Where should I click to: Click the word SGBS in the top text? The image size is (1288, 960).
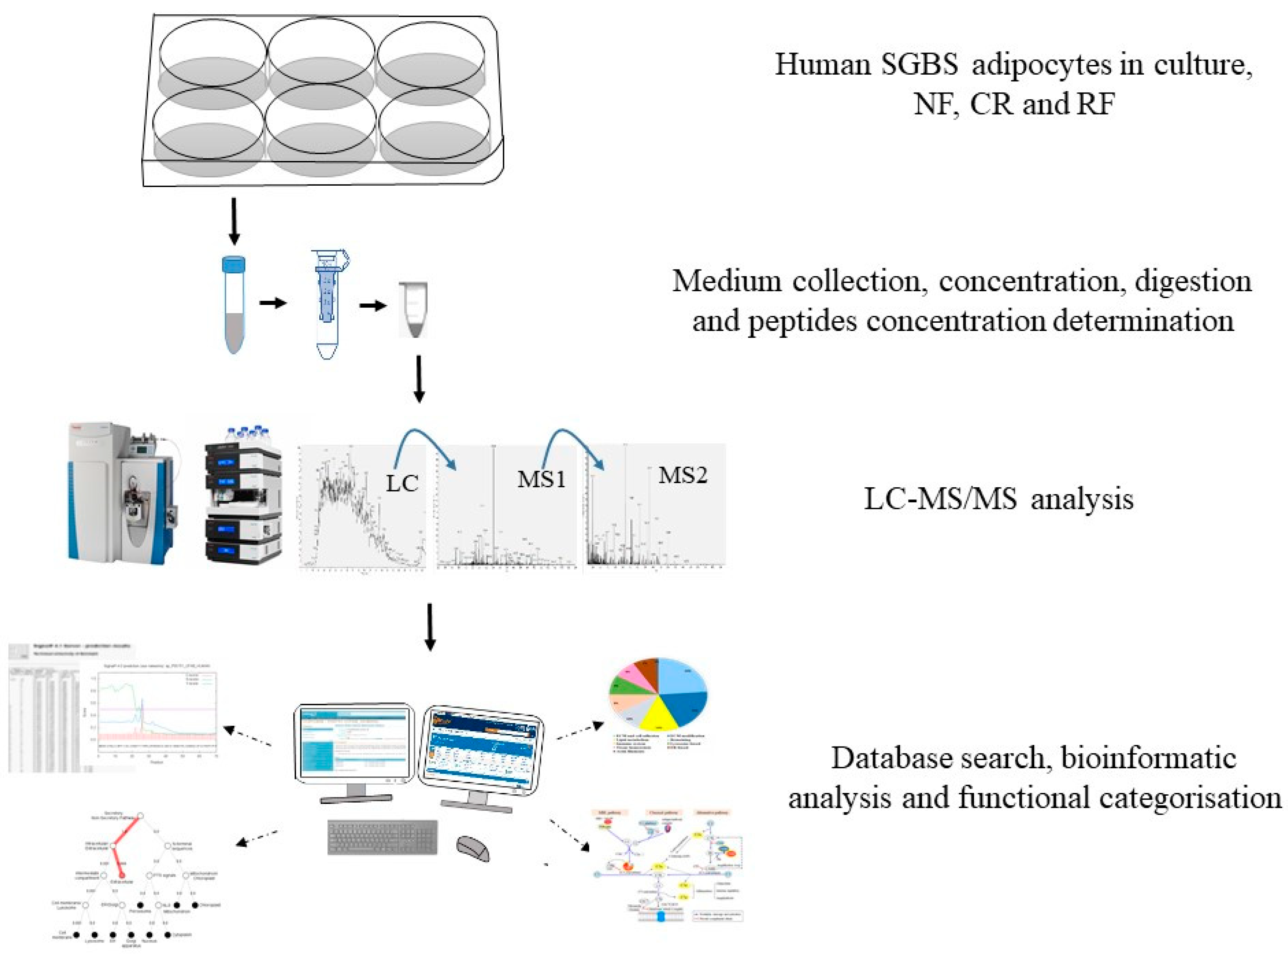(919, 64)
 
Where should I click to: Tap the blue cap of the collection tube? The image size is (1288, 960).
(234, 263)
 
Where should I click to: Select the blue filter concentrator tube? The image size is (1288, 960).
(327, 302)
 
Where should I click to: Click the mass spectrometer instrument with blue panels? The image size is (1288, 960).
(122, 494)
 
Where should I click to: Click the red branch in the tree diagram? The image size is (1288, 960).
(122, 842)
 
